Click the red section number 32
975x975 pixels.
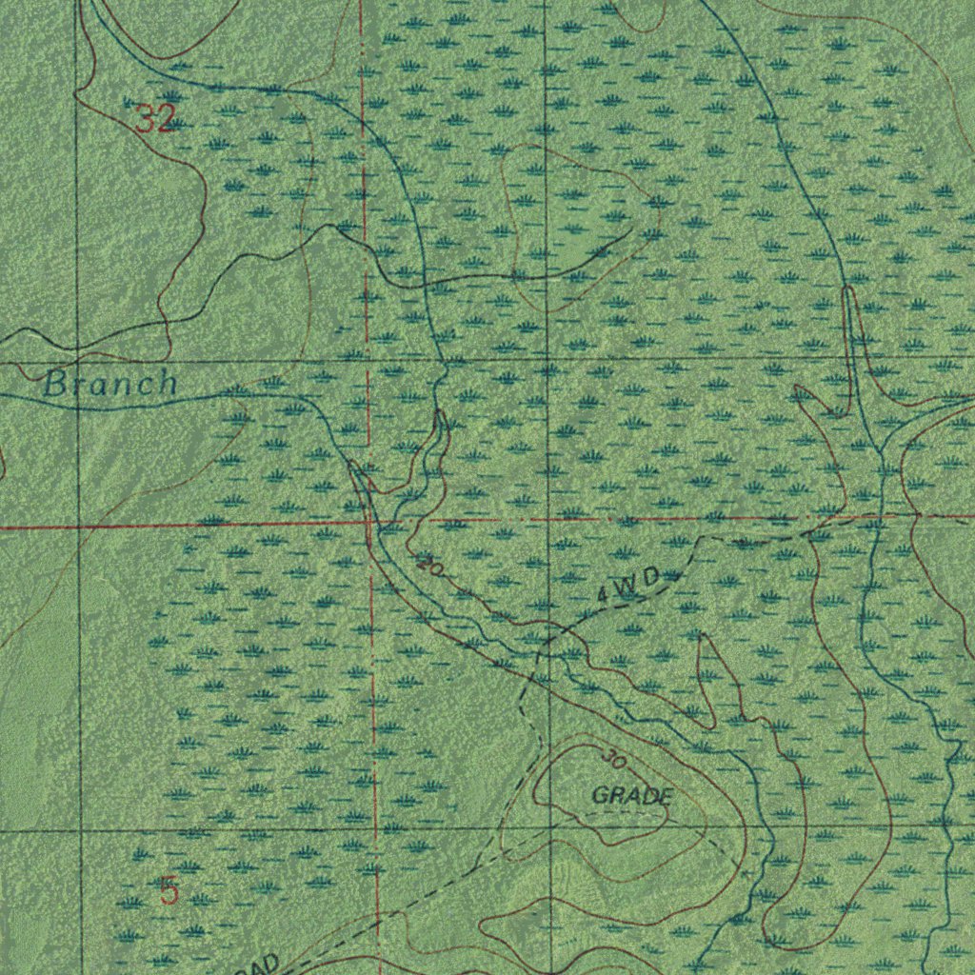click(155, 119)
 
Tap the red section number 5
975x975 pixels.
click(169, 892)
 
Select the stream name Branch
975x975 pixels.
click(110, 384)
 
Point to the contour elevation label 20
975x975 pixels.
click(429, 566)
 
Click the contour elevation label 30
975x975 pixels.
click(615, 760)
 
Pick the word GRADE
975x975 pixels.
click(633, 795)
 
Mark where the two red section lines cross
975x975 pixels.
click(369, 523)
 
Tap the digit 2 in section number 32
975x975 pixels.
click(166, 119)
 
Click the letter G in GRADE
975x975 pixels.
click(600, 796)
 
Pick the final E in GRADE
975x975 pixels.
click(667, 795)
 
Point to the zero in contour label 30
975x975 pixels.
click(621, 764)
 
